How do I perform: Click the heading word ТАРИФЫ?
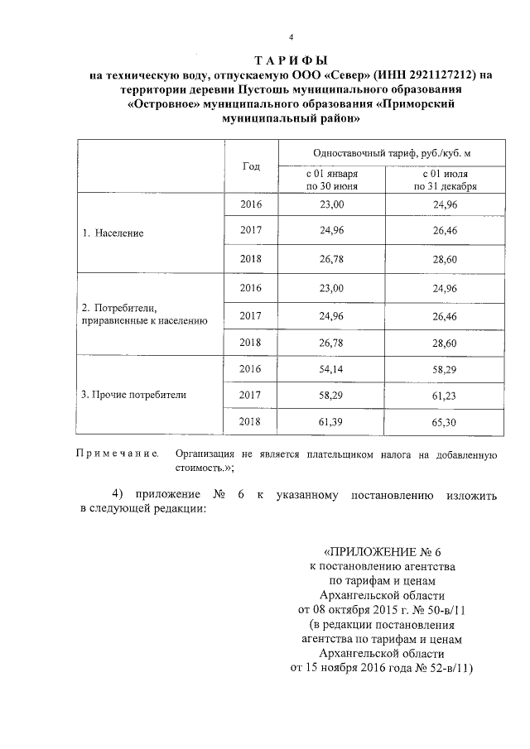291,60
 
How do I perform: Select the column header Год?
251,166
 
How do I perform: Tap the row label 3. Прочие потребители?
133,395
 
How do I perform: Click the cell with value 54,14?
331,368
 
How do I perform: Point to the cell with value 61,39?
331,422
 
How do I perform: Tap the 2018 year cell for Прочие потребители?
251,422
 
